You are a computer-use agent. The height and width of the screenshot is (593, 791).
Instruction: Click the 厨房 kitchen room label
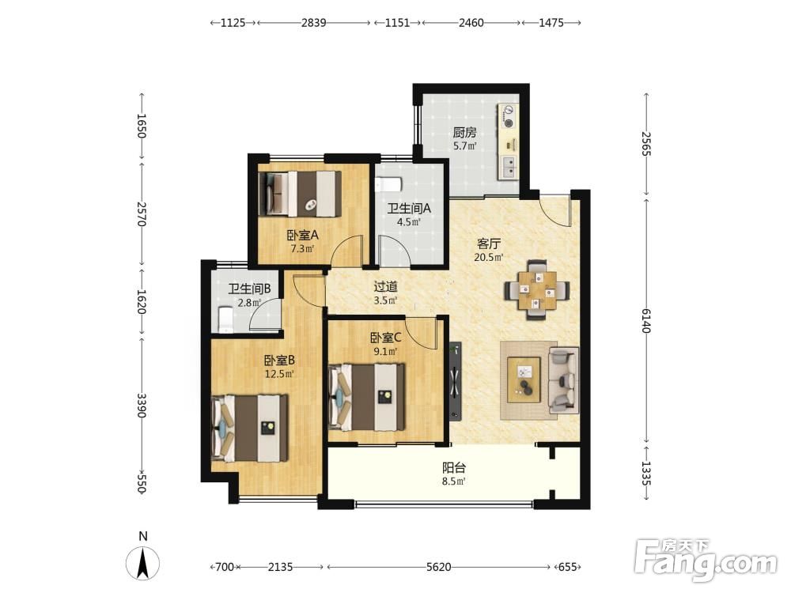click(464, 133)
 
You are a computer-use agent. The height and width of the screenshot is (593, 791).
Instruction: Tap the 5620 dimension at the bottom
click(438, 567)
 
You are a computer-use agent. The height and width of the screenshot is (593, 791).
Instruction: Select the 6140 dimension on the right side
click(646, 321)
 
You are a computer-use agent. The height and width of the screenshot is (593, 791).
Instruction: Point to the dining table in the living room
click(538, 290)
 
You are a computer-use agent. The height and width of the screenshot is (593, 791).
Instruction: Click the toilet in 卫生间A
click(388, 184)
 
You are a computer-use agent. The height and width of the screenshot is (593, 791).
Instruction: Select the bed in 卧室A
click(300, 194)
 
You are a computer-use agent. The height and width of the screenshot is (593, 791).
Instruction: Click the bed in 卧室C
click(367, 397)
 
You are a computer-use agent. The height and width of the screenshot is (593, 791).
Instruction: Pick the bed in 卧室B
click(250, 428)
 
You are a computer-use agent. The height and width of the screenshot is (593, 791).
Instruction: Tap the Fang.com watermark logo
click(706, 560)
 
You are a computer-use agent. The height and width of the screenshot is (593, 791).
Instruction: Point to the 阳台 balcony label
click(453, 467)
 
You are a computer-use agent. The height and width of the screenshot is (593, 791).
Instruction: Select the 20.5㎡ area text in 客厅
click(488, 258)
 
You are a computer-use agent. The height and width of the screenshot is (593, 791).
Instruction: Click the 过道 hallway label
click(385, 287)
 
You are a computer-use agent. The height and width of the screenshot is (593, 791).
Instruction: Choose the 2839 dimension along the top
click(314, 23)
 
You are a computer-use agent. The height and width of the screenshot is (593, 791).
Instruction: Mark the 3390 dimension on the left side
click(142, 406)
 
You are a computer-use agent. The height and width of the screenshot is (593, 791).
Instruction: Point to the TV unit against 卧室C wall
click(456, 381)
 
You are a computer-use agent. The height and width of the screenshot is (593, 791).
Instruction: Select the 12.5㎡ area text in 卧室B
click(279, 374)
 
